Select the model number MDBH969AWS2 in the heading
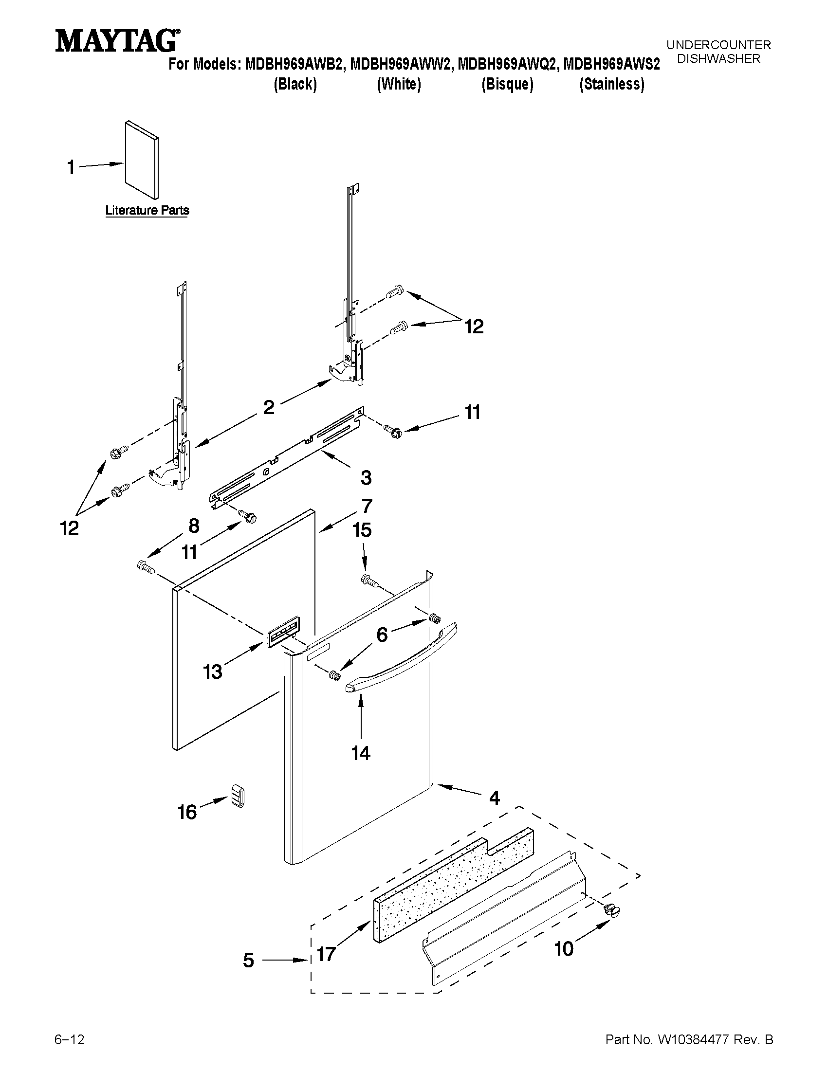tap(611, 64)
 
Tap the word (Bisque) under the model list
tap(507, 84)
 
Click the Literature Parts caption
tap(147, 210)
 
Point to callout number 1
tap(71, 168)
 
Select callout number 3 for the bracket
tap(366, 478)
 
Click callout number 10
tap(564, 949)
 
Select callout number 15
tap(362, 530)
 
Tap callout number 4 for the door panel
tap(495, 798)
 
